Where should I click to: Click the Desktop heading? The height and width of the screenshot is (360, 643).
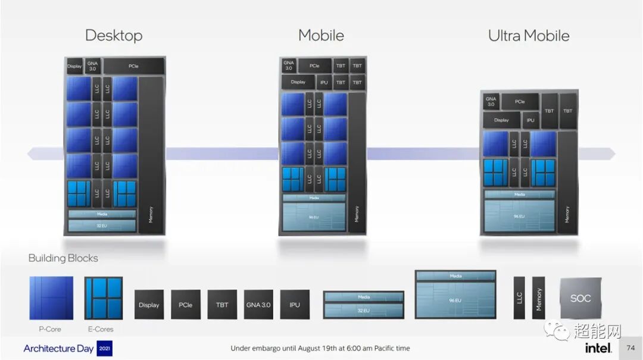click(x=114, y=35)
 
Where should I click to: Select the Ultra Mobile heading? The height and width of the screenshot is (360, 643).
click(x=529, y=36)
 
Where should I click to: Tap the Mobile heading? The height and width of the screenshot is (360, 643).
click(x=321, y=35)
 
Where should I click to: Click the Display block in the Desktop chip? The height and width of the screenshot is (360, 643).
click(x=74, y=66)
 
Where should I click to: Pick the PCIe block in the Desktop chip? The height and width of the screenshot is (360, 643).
click(x=133, y=66)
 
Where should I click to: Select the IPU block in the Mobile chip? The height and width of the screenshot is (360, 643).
click(x=323, y=82)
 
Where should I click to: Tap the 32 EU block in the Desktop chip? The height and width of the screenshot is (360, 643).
click(x=102, y=226)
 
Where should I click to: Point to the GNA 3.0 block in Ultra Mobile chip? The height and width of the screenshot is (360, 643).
click(x=491, y=102)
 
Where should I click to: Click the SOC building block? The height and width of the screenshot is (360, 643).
click(x=580, y=298)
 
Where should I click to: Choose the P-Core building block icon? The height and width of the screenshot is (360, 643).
click(x=51, y=298)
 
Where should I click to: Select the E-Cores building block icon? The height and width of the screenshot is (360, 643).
click(x=104, y=298)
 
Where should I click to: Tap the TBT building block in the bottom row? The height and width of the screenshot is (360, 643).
click(x=222, y=305)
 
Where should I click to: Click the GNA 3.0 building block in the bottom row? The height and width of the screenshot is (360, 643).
click(x=258, y=305)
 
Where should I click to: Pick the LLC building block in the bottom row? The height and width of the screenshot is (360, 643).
click(x=519, y=298)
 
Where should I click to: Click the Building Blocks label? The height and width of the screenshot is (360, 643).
click(x=63, y=258)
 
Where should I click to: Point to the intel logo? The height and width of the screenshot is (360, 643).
click(x=598, y=348)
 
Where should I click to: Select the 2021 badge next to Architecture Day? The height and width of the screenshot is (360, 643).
click(x=104, y=348)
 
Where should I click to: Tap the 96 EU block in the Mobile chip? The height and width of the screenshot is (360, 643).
click(x=314, y=218)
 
